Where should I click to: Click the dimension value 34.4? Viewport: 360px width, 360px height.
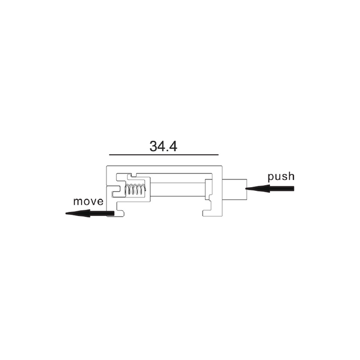pyautogui.click(x=163, y=146)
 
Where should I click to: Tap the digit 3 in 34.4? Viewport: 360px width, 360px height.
pyautogui.click(x=153, y=146)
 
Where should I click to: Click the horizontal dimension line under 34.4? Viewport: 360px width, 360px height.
pyautogui.click(x=164, y=155)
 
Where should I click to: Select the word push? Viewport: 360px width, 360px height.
pyautogui.click(x=281, y=177)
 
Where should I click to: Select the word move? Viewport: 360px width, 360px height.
pyautogui.click(x=88, y=202)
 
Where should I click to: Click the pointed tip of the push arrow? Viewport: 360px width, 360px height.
pyautogui.click(x=246, y=189)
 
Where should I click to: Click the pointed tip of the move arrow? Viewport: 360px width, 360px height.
pyautogui.click(x=66, y=213)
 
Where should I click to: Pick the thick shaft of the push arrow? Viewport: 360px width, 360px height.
pyautogui.click(x=282, y=189)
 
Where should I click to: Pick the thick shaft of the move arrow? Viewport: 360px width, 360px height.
pyautogui.click(x=102, y=213)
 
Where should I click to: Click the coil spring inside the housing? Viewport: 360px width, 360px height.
pyautogui.click(x=135, y=189)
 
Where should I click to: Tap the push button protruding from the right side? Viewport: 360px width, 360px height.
pyautogui.click(x=235, y=189)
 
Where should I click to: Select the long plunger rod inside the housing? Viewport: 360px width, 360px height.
pyautogui.click(x=178, y=190)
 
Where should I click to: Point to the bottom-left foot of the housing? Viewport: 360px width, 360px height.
pyautogui.click(x=116, y=213)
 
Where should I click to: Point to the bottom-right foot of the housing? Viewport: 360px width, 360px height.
pyautogui.click(x=212, y=213)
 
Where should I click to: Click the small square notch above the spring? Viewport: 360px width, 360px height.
pyautogui.click(x=132, y=175)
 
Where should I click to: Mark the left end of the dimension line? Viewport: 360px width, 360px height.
pyautogui.click(x=109, y=155)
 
